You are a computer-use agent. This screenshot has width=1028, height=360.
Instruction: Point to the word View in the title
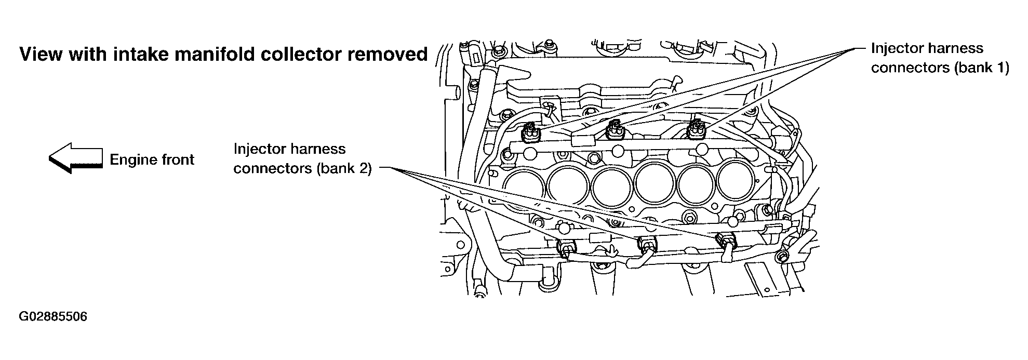click(41, 54)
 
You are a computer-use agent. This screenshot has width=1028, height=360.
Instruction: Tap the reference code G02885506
click(53, 316)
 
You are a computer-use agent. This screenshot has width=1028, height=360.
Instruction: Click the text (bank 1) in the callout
click(981, 68)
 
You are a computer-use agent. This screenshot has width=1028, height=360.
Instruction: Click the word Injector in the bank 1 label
click(895, 48)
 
